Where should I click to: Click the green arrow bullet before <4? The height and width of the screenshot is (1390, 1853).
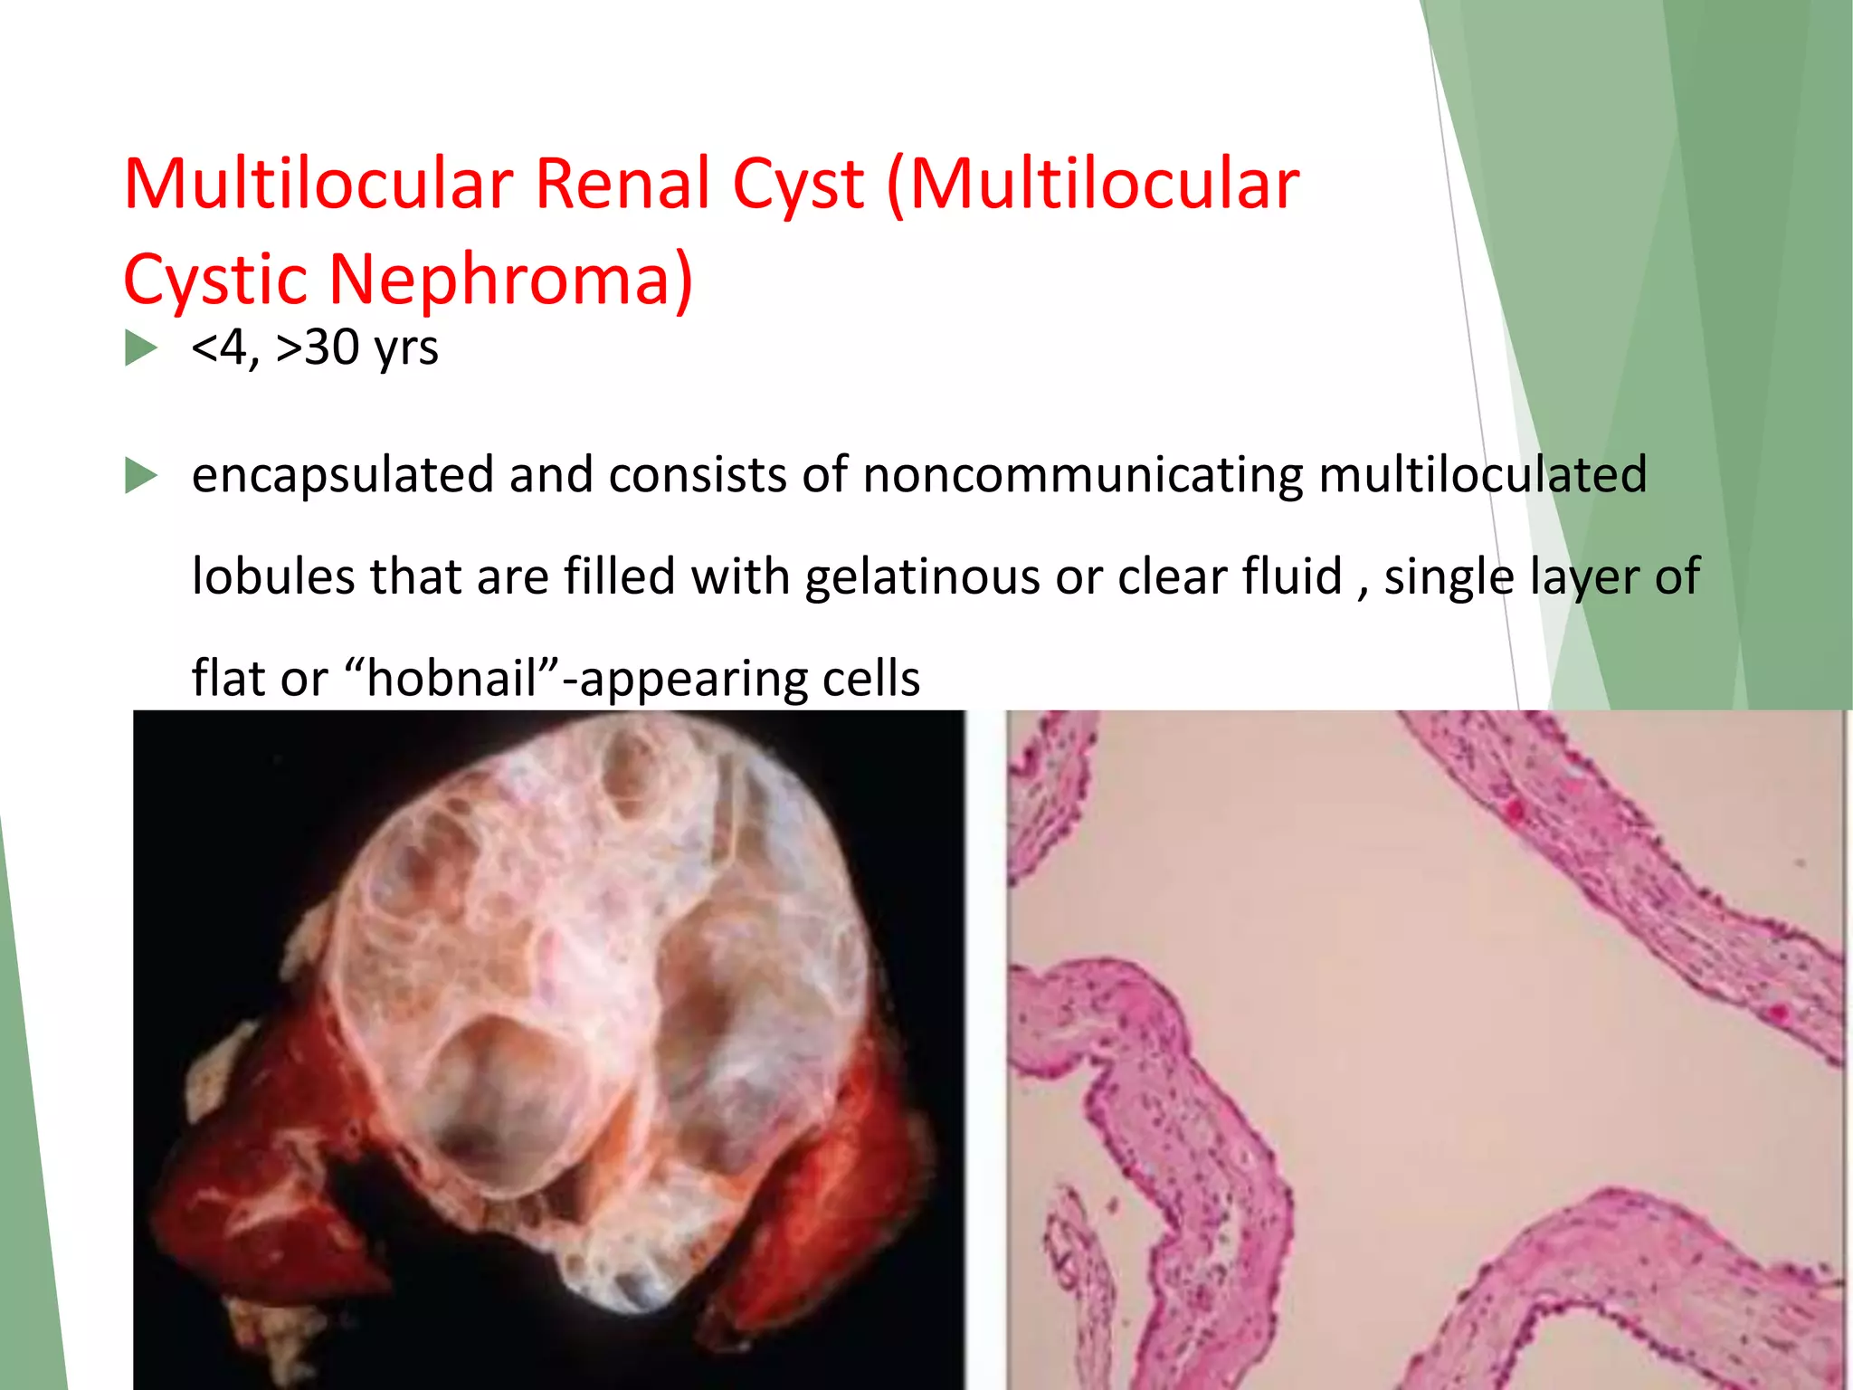pyautogui.click(x=141, y=348)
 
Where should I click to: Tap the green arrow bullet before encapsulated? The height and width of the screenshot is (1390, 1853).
pyautogui.click(x=141, y=476)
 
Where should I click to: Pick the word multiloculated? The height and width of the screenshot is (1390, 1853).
pyautogui.click(x=1483, y=475)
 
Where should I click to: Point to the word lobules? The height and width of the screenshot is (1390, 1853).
pyautogui.click(x=273, y=577)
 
